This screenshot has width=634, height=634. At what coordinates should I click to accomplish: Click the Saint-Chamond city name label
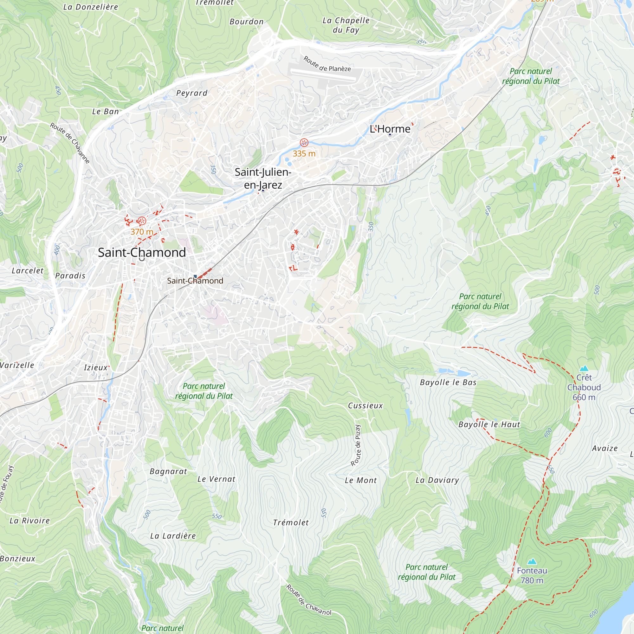tap(142, 252)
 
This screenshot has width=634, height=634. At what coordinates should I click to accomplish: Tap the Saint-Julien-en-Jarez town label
tap(263, 178)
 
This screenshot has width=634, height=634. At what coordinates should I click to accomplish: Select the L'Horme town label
tap(390, 129)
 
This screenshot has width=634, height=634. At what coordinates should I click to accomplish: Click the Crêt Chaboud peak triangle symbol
tap(584, 369)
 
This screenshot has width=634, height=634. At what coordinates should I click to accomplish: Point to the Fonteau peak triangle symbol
tap(532, 561)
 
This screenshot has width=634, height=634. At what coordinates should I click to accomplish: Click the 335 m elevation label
tap(304, 153)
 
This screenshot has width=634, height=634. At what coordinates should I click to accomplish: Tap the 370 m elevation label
tap(142, 232)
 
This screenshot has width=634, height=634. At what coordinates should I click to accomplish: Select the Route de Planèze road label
tap(327, 64)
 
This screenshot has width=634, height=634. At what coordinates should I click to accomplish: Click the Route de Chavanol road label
tap(308, 600)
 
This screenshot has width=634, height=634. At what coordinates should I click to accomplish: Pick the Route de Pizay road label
tap(356, 445)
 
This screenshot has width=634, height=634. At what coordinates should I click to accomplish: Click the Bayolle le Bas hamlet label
tap(448, 382)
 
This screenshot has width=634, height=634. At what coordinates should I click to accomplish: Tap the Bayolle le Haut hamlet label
tap(489, 425)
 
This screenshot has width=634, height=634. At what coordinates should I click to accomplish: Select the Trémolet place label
tap(291, 523)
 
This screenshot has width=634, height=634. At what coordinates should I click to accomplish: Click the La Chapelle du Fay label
tap(346, 25)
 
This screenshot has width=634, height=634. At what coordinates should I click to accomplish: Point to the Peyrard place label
tap(192, 93)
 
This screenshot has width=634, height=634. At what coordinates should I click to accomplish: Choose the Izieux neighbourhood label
tap(95, 367)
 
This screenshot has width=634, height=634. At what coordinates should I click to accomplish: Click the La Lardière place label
tap(173, 536)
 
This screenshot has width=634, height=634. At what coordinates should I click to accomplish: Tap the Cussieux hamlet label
tap(365, 406)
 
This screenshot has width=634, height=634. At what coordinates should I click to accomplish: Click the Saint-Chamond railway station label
tap(195, 281)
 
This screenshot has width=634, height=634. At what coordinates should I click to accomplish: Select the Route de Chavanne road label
tap(70, 143)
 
